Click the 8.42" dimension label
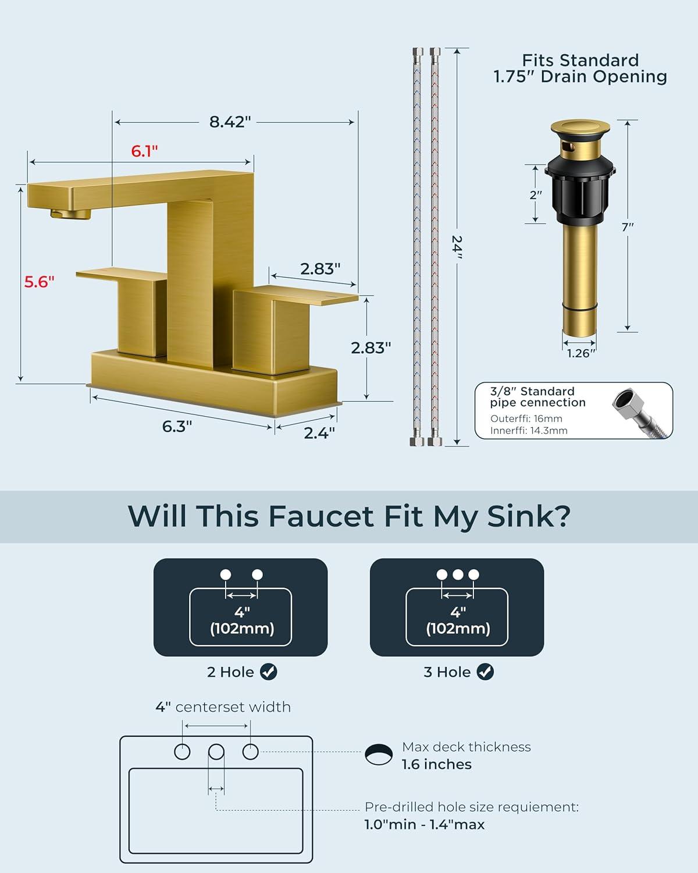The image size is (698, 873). pyautogui.click(x=230, y=122)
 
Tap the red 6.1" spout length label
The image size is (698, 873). pyautogui.click(x=144, y=151)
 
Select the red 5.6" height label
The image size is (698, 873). pyautogui.click(x=39, y=282)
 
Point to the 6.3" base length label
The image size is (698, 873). pyautogui.click(x=177, y=427)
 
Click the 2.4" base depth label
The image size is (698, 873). pyautogui.click(x=319, y=433)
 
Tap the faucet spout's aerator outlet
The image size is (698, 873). pyautogui.click(x=70, y=214)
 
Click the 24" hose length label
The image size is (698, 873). pyautogui.click(x=457, y=247)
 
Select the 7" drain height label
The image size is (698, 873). pyautogui.click(x=628, y=227)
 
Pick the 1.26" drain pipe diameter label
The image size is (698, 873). pyautogui.click(x=581, y=353)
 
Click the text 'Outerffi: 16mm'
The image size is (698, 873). pyautogui.click(x=526, y=418)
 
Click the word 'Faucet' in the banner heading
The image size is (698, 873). pyautogui.click(x=321, y=516)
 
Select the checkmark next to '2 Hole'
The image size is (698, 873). pyautogui.click(x=269, y=672)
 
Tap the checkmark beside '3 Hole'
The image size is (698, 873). pyautogui.click(x=485, y=672)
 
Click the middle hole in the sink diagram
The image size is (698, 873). pyautogui.click(x=216, y=752)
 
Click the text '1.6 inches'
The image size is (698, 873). pyautogui.click(x=437, y=764)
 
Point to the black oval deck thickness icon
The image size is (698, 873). pyautogui.click(x=379, y=754)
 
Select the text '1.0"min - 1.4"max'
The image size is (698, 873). pyautogui.click(x=425, y=825)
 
